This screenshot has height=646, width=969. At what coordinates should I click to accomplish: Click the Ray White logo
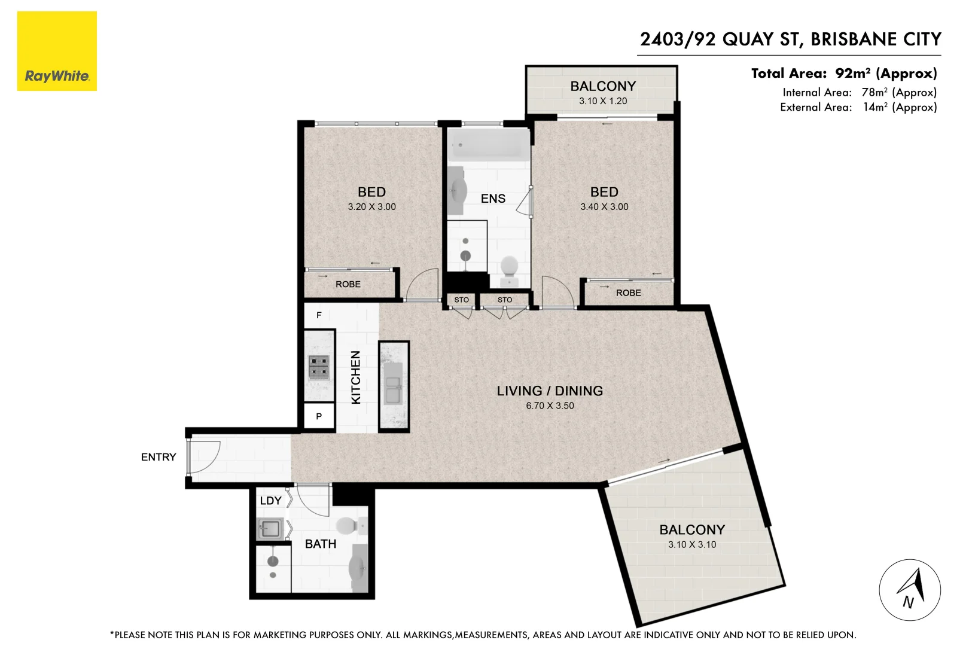click(x=57, y=51)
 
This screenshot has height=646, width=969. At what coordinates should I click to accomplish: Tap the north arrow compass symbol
click(x=909, y=590)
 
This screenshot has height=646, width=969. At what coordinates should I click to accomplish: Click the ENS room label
click(x=493, y=199)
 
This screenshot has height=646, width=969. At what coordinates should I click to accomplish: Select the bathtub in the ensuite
click(x=489, y=145)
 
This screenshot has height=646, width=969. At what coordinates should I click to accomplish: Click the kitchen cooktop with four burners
click(x=319, y=368)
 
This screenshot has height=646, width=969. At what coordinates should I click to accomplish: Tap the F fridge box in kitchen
click(x=319, y=315)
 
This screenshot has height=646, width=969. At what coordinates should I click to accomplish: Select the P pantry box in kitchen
click(x=319, y=416)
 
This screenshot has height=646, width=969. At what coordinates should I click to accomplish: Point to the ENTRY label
click(x=159, y=457)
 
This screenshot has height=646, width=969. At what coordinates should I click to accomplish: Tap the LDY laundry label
click(x=270, y=501)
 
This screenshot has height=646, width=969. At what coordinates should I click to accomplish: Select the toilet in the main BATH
click(x=348, y=526)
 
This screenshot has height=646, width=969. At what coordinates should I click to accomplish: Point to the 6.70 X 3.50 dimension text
click(x=550, y=406)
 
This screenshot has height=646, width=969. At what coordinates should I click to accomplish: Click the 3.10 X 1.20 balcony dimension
click(x=603, y=101)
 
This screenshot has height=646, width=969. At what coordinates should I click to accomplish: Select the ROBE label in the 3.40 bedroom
click(x=628, y=292)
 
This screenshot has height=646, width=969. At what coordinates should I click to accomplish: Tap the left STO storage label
click(x=461, y=300)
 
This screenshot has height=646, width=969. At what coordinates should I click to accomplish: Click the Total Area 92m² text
click(x=843, y=74)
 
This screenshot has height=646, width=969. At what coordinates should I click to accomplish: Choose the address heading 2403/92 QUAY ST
click(x=790, y=39)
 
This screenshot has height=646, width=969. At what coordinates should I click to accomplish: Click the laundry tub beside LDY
click(x=270, y=529)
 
